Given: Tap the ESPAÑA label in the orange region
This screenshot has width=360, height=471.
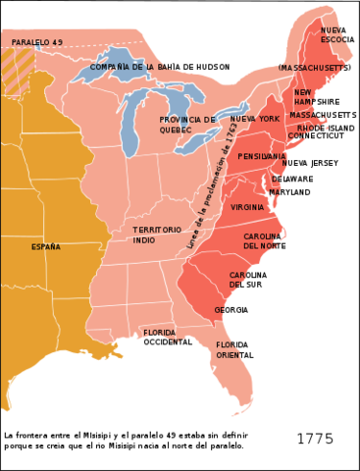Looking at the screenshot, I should point(45,246).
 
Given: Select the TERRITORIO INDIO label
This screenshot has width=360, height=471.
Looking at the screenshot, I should point(157,235).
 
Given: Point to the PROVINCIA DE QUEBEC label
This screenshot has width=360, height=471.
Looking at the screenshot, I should point(187,125).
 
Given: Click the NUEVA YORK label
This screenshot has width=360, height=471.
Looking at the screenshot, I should point(254,119).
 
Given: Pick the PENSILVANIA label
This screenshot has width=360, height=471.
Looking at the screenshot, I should point(261,156).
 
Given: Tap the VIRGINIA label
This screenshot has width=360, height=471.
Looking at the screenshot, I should point(247,207).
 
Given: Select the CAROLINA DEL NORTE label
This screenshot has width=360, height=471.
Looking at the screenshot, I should point(263,241).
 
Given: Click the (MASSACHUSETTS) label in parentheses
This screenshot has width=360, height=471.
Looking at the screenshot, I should point(312,69).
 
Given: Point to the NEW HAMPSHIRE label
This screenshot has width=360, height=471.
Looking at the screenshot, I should point(304,97).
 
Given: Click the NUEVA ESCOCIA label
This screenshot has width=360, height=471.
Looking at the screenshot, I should point(334,35).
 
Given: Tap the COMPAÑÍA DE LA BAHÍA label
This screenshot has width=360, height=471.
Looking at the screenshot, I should point(133,67).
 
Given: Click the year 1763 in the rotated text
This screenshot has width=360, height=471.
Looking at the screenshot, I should point(231,140).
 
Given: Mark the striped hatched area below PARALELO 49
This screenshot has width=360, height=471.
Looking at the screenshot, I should point(17,71).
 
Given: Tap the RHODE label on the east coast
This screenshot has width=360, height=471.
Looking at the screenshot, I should point(311,128).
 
